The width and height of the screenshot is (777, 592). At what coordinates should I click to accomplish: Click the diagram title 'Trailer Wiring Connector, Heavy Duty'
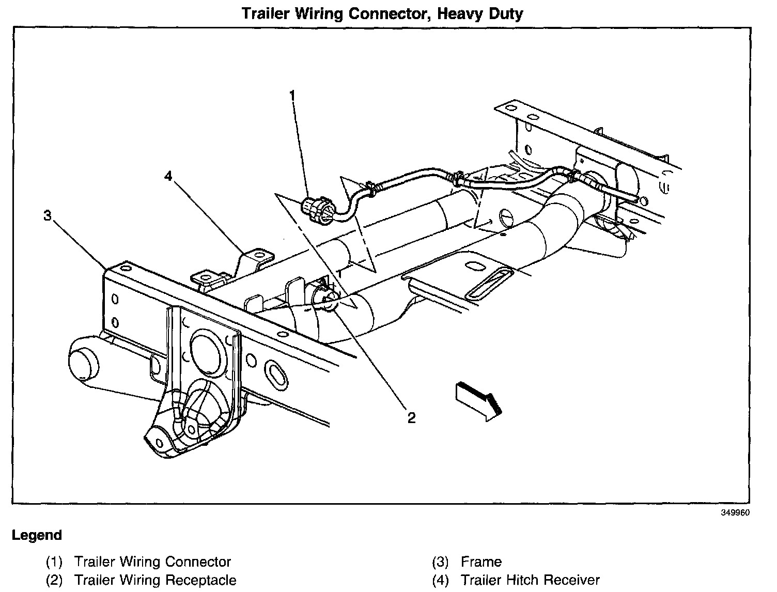pos(382,13)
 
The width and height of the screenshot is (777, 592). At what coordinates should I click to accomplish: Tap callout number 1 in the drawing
pos(292,96)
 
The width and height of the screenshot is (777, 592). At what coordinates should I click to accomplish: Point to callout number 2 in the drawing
pos(411,417)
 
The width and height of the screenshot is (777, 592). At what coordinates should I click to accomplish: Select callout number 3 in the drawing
pos(48,216)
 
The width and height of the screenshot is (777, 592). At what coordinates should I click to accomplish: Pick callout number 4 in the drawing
pos(168,177)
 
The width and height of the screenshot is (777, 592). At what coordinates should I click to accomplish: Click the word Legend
pos(37,535)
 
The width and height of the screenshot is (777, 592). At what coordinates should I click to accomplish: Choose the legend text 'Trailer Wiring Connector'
pos(152,562)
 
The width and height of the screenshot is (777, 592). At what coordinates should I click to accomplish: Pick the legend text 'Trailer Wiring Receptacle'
pos(155,580)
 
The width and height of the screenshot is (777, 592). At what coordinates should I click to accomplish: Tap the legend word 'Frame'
pos(481,562)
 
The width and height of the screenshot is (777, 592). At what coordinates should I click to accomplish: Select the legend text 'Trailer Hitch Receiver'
pos(530,580)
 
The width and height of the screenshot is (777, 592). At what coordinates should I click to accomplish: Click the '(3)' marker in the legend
pos(440,562)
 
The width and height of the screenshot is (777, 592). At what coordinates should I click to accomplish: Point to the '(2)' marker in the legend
pos(54,580)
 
